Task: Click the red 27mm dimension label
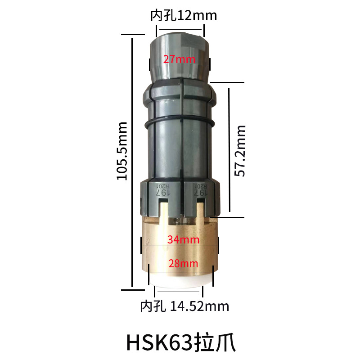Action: tap(179, 59)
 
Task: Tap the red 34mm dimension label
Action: tap(183, 240)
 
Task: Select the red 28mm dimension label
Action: tap(183, 264)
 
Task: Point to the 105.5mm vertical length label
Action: tap(122, 151)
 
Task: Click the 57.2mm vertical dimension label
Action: tap(240, 151)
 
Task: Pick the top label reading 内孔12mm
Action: tap(184, 16)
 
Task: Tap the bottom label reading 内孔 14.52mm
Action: tap(185, 306)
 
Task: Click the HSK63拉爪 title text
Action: tap(181, 343)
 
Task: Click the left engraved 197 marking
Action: tap(163, 193)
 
